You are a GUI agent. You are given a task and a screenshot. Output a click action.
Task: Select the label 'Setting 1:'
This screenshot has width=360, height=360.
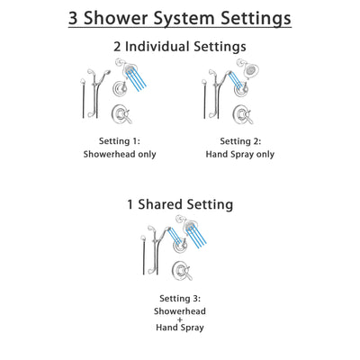pos(120,140)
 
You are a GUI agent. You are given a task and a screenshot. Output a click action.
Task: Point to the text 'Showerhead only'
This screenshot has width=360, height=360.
pos(120,154)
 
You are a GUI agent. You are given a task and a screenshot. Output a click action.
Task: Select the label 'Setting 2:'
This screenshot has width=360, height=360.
pos(241,140)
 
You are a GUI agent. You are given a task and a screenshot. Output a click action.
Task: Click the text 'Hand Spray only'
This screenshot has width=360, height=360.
pos(241,154)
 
